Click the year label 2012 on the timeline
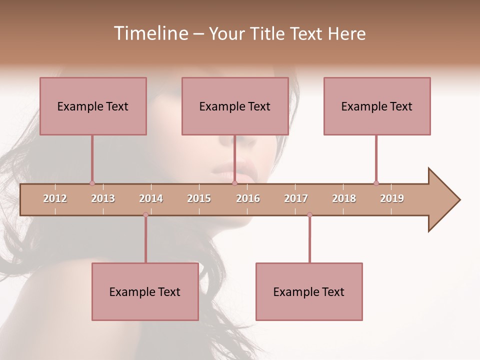(55, 198)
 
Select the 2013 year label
(103, 198)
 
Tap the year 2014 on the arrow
(151, 198)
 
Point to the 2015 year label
(199, 198)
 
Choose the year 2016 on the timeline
(248, 198)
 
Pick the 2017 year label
(296, 198)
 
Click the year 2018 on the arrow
(344, 198)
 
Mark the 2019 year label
(392, 198)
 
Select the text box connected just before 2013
(93, 106)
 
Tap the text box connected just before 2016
(235, 106)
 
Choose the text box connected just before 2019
(377, 106)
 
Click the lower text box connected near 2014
(145, 291)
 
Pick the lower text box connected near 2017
(309, 291)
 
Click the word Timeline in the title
(150, 33)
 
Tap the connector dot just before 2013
(92, 183)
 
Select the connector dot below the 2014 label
(145, 214)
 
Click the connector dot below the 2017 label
(309, 214)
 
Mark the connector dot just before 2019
(376, 183)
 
